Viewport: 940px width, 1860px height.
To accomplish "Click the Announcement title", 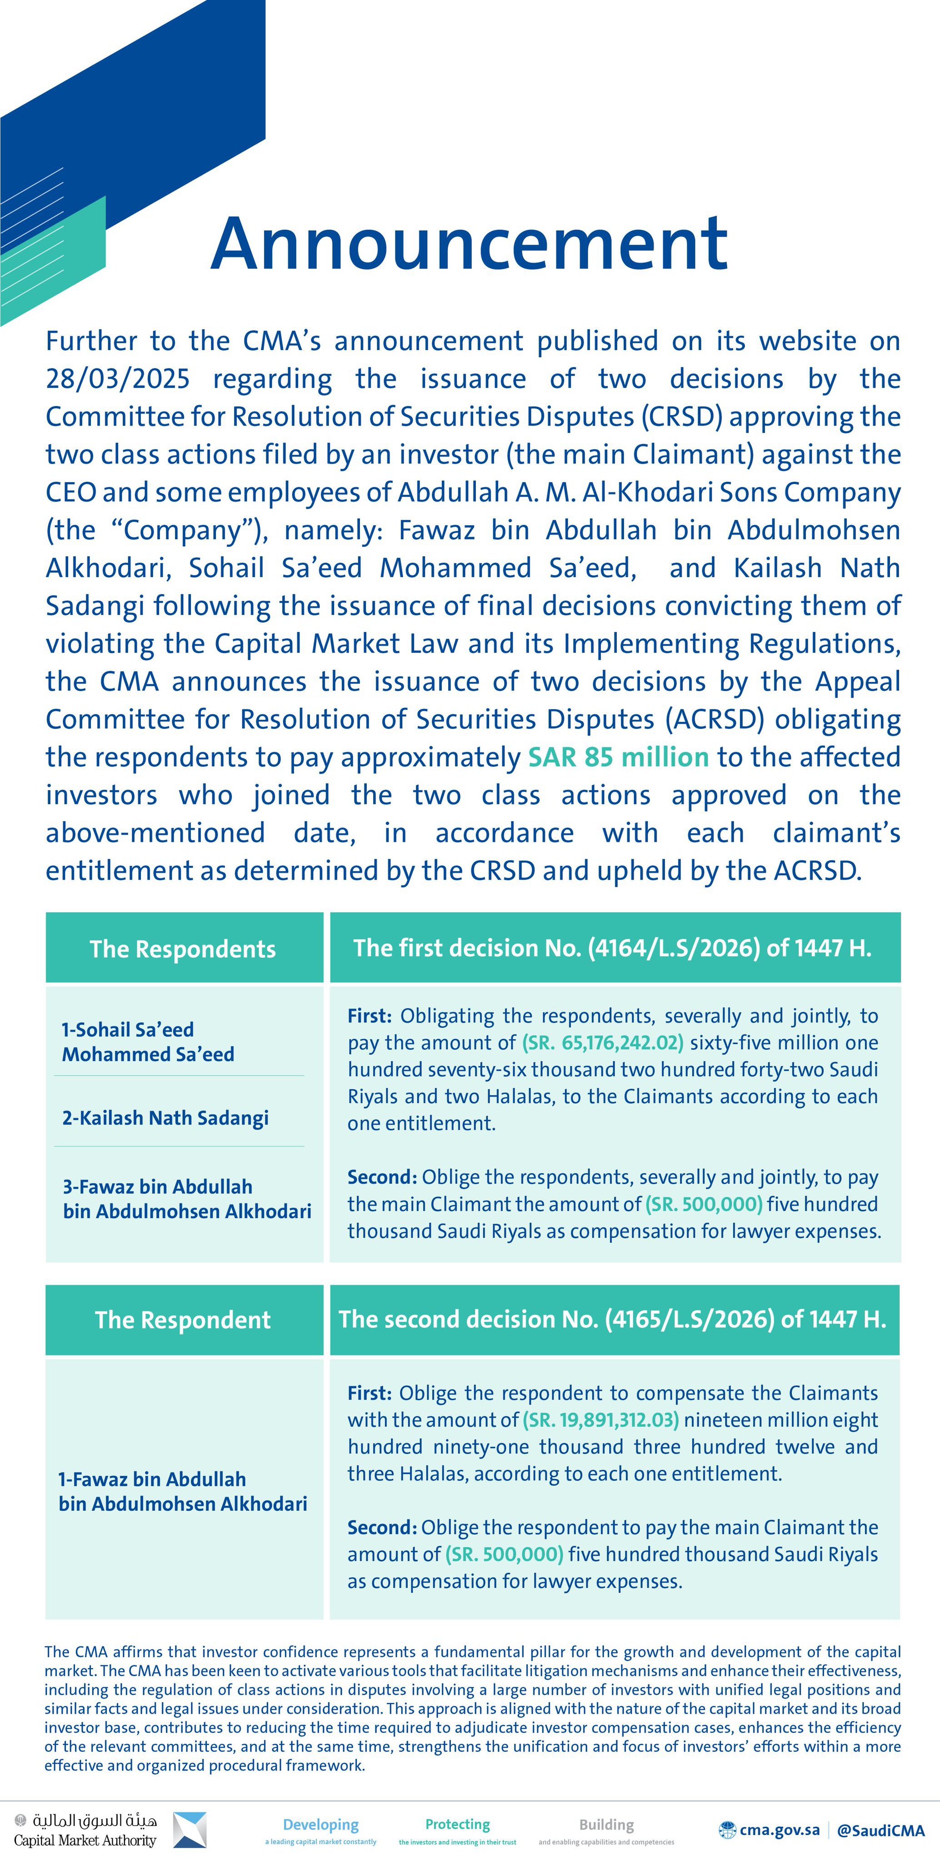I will [x=469, y=244].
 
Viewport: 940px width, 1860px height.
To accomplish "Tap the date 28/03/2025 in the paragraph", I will [x=118, y=378].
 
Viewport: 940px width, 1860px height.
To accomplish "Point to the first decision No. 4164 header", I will [x=613, y=947].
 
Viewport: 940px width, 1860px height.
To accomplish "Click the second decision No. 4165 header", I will [x=613, y=1318].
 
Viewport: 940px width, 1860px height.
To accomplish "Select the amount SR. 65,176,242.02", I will [x=602, y=1043].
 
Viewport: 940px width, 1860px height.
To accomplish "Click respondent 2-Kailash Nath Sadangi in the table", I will [x=165, y=1118].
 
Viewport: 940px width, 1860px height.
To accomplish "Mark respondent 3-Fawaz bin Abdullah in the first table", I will [x=186, y=1199].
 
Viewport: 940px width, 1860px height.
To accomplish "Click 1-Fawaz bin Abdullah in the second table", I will [x=182, y=1491].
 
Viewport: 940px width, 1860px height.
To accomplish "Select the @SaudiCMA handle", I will [x=880, y=1830].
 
